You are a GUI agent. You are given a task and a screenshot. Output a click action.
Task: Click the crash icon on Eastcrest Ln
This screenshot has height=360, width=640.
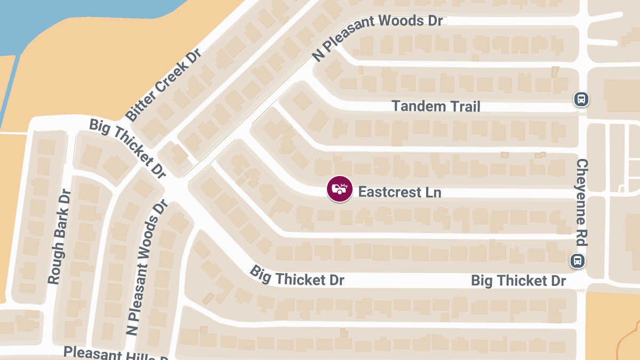(x=340, y=189)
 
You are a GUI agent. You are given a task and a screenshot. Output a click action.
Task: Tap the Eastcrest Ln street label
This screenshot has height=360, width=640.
(x=399, y=192)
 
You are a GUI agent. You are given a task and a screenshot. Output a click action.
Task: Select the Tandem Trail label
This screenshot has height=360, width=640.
(x=436, y=106)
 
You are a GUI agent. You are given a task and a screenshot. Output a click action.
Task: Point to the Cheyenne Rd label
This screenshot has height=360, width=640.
(x=582, y=202)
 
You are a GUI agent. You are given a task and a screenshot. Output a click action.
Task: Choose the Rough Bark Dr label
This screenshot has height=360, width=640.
(x=59, y=237)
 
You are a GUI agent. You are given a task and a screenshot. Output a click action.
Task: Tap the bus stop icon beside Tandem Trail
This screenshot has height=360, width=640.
(x=581, y=99)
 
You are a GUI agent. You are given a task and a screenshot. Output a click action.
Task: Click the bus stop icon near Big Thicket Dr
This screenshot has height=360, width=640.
(x=577, y=261)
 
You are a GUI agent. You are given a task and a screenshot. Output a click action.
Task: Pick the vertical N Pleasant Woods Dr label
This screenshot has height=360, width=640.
(x=147, y=267)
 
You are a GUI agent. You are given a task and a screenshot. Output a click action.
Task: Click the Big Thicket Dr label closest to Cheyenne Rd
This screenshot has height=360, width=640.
(x=518, y=281)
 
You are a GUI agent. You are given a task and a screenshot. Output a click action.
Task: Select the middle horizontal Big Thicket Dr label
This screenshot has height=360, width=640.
(x=297, y=276)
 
